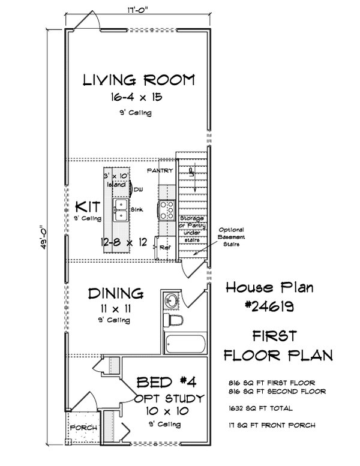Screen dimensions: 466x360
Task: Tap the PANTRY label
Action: point(160,171)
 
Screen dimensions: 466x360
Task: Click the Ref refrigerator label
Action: point(164,245)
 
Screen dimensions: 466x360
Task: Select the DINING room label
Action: point(116,293)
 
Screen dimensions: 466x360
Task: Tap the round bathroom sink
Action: point(171,299)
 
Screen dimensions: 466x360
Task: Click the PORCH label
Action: point(80,428)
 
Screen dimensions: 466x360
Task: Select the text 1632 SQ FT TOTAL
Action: point(260,408)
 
